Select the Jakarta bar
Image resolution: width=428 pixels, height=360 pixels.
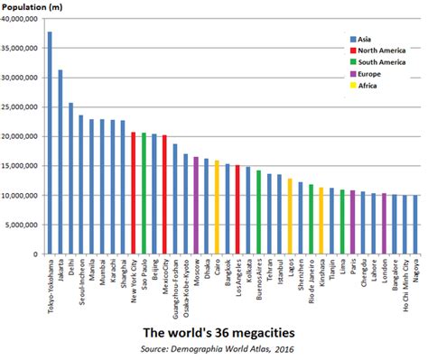click(x=60, y=162)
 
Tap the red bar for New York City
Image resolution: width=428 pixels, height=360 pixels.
click(x=134, y=193)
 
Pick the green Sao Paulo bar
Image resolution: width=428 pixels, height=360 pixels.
click(x=144, y=193)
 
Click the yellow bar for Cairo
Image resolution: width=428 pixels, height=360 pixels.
click(x=217, y=208)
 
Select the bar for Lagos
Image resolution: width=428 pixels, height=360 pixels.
click(x=290, y=217)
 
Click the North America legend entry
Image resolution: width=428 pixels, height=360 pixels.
click(x=378, y=52)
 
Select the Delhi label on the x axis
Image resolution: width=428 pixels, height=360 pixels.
click(x=70, y=272)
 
